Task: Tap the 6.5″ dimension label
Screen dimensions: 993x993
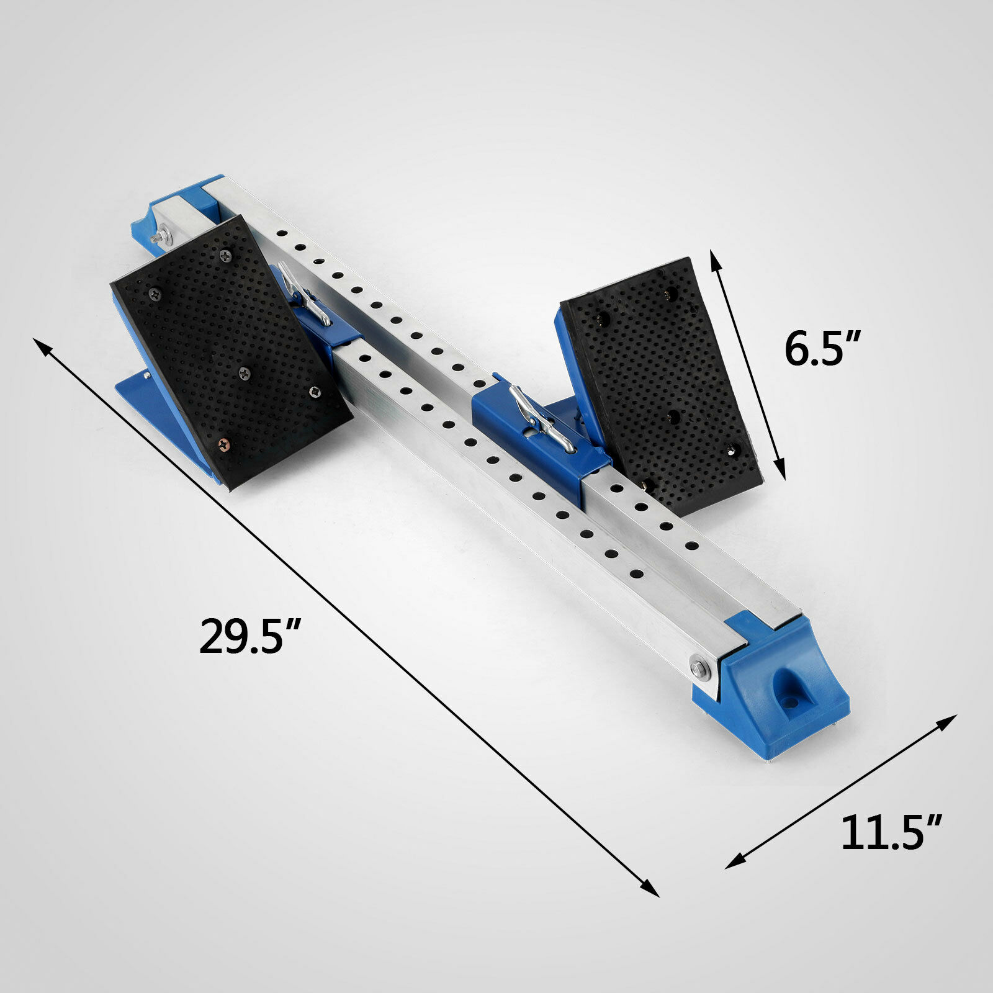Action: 823,349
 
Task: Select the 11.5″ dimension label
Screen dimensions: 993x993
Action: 892,833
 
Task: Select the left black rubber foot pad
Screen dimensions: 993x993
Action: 231,351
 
